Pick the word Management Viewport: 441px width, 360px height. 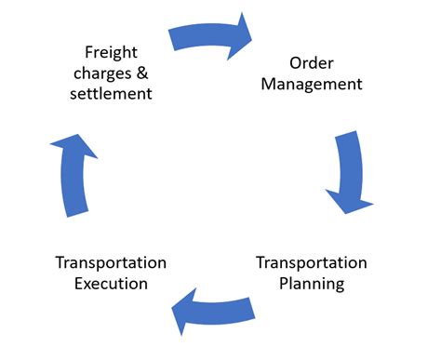tap(312, 86)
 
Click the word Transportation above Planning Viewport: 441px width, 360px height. tap(312, 263)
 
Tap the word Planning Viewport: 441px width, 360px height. tap(312, 284)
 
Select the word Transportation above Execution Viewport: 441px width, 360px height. tap(111, 263)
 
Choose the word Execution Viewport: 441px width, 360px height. tap(111, 284)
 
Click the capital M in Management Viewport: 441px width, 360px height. tap(269, 86)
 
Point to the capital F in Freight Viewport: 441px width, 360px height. tap(88, 52)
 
